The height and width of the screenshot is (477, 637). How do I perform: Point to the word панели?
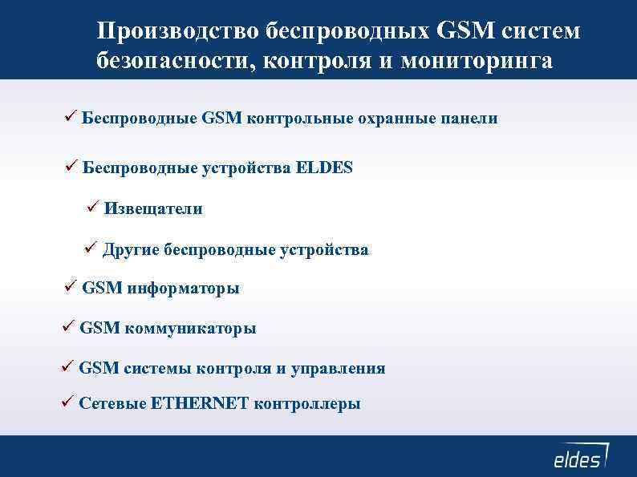click(x=469, y=118)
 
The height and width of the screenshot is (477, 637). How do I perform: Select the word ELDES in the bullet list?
click(x=324, y=168)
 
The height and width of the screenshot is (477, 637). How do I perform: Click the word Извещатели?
click(x=152, y=208)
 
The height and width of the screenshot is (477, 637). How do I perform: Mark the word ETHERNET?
click(x=200, y=403)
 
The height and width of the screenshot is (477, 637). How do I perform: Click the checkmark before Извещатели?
click(x=91, y=208)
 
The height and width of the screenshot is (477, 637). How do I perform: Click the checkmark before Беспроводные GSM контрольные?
click(x=70, y=117)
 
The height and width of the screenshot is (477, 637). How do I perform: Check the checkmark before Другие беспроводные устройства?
click(x=91, y=249)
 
